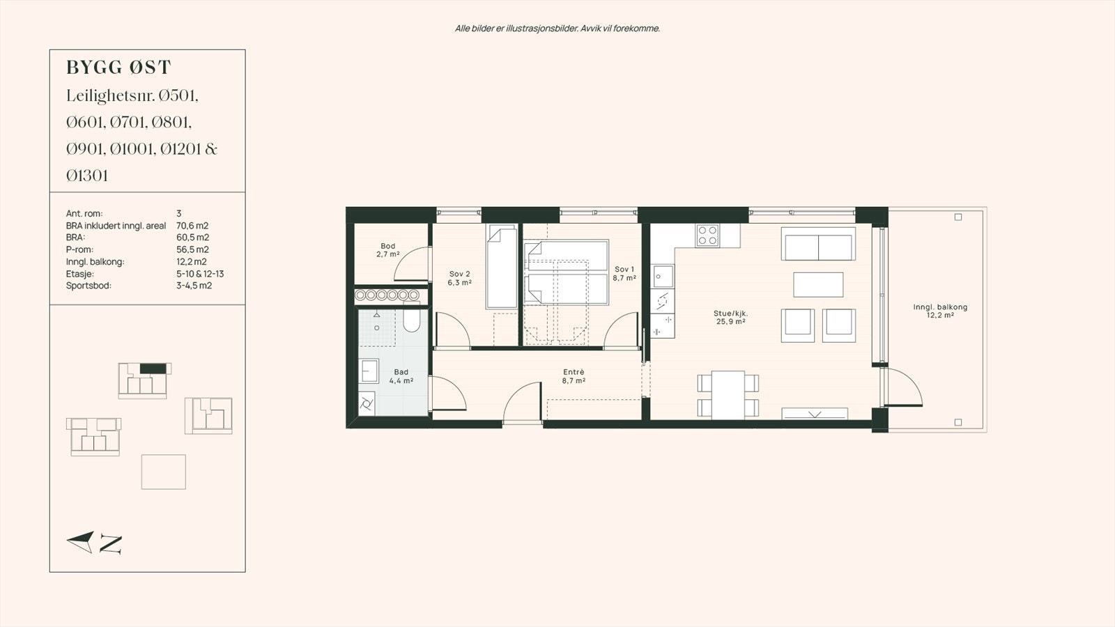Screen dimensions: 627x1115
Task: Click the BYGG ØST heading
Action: pos(118,68)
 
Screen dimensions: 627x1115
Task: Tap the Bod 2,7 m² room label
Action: pos(387,250)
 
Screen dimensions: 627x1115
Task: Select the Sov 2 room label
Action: pos(459,279)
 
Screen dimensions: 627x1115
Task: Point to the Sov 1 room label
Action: pos(624,273)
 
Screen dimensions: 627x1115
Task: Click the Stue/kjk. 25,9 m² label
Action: pos(731,318)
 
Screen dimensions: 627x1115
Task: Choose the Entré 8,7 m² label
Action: pos(574,377)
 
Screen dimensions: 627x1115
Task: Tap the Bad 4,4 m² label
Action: pos(401,377)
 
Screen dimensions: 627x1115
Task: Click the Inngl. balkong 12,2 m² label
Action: pos(940,311)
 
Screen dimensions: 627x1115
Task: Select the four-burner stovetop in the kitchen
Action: pos(707,235)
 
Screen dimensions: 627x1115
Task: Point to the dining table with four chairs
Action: pos(728,394)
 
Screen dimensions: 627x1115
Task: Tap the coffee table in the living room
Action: pos(818,284)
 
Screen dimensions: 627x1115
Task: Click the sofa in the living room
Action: pos(818,245)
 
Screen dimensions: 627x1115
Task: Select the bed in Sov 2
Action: pos(501,268)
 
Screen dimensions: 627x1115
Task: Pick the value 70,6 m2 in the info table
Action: pos(192,226)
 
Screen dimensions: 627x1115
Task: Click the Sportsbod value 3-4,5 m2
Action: pos(194,286)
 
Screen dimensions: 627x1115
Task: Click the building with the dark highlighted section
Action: pos(144,380)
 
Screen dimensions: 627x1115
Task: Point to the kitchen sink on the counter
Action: pos(662,277)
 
